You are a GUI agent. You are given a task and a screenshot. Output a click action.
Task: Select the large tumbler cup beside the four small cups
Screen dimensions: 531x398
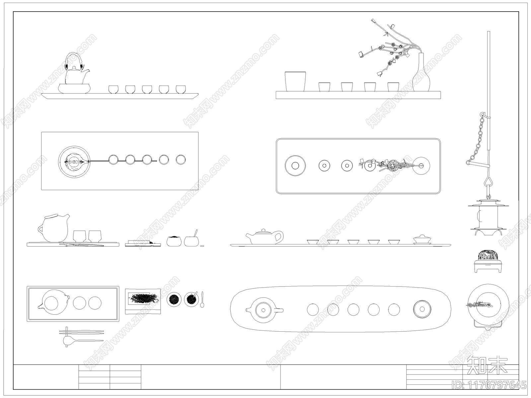(295, 82)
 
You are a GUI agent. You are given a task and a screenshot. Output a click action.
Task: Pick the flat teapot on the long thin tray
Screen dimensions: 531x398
(265, 236)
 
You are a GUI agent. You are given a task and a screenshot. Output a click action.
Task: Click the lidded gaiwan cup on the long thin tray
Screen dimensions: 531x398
(422, 239)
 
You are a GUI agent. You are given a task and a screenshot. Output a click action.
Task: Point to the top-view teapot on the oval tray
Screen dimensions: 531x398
(264, 310)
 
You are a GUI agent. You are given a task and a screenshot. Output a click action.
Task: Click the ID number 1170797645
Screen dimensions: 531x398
(489, 385)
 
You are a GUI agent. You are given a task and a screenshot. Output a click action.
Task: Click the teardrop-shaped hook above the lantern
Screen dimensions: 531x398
(489, 182)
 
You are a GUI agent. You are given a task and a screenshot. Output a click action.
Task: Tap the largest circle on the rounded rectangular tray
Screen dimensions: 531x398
(295, 166)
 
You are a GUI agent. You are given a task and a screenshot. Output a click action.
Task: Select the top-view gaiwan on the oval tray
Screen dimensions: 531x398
(422, 309)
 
